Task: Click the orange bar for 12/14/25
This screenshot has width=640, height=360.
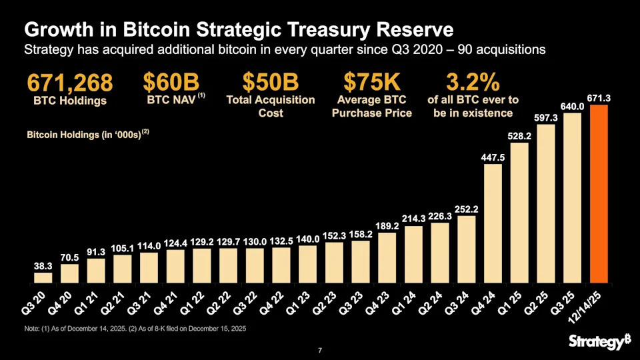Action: pos(599,193)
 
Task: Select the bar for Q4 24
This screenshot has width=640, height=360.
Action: pos(493,223)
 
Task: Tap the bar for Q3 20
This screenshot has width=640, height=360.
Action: pos(43,277)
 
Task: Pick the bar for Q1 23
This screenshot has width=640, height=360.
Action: pos(307,264)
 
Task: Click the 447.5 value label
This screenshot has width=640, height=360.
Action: pos(493,157)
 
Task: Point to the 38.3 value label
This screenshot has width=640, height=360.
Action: pos(43,266)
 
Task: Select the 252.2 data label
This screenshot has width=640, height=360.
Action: pos(466,209)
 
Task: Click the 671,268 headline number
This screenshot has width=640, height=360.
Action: pos(70,84)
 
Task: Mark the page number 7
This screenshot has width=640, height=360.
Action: pos(320,351)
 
